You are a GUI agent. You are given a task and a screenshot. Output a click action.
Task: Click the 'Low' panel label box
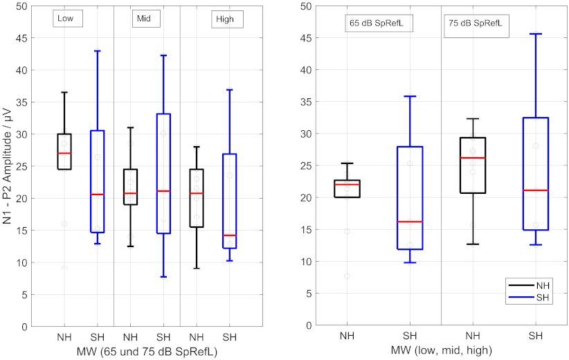pyautogui.click(x=68, y=19)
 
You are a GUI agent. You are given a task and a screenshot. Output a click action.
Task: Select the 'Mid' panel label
pyautogui.click(x=145, y=19)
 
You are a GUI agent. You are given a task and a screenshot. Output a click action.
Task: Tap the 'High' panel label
pyautogui.click(x=227, y=19)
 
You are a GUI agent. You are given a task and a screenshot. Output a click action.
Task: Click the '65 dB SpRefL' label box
pyautogui.click(x=379, y=24)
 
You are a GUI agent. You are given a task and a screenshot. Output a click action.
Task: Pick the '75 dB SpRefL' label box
pyautogui.click(x=476, y=24)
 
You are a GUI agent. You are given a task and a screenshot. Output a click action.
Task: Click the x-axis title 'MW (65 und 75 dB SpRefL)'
pyautogui.click(x=147, y=352)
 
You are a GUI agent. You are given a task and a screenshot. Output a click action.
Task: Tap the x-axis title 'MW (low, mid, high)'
pyautogui.click(x=441, y=350)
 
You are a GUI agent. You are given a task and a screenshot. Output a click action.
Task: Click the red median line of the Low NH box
pyautogui.click(x=64, y=153)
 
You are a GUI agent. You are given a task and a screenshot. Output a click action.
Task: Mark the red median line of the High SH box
pyautogui.click(x=230, y=235)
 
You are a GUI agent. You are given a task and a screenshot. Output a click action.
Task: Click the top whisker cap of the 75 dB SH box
pyautogui.click(x=535, y=34)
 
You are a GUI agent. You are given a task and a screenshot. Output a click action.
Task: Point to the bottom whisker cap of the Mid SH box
pyautogui.click(x=163, y=277)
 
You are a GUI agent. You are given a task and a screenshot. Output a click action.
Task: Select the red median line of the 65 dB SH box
pyautogui.click(x=410, y=222)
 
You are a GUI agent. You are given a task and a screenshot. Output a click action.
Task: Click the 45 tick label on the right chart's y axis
pyautogui.click(x=306, y=38)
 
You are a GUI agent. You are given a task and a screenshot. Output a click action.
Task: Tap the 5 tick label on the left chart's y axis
pyautogui.click(x=24, y=295)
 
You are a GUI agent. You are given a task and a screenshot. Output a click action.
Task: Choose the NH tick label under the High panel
pyautogui.click(x=197, y=338)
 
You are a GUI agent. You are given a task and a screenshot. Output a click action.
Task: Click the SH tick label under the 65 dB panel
pyautogui.click(x=410, y=336)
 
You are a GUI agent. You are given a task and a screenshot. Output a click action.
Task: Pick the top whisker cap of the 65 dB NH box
pyautogui.click(x=347, y=163)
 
